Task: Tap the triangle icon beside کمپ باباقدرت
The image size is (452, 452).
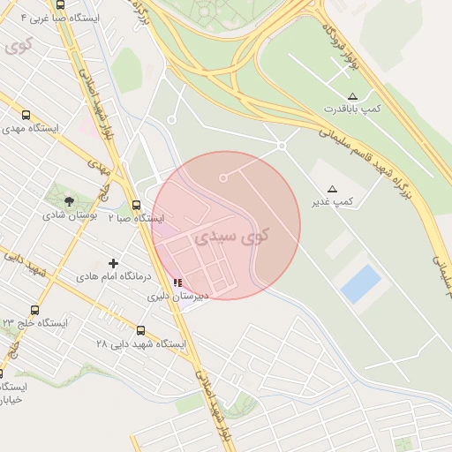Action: [352, 95]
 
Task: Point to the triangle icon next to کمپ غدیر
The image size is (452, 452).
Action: [332, 189]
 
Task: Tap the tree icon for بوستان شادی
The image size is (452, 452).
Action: [70, 201]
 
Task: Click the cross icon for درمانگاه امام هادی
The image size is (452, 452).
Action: [113, 263]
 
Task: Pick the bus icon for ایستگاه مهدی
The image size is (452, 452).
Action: [26, 115]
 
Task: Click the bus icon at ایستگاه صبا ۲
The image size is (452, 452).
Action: [135, 205]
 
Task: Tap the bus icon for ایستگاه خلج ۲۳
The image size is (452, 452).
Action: [34, 310]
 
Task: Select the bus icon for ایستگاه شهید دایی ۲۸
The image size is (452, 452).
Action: [140, 330]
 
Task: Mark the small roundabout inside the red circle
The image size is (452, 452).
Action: [223, 177]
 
